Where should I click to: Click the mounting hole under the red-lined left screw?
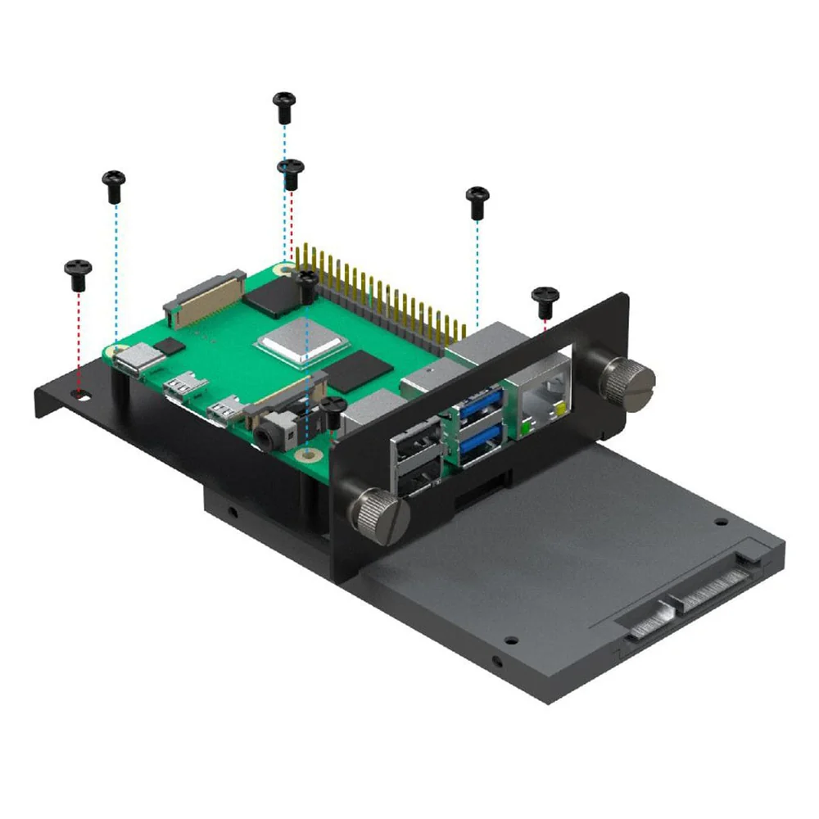coord(79,394)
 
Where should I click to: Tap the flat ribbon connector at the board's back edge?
coord(205,294)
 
